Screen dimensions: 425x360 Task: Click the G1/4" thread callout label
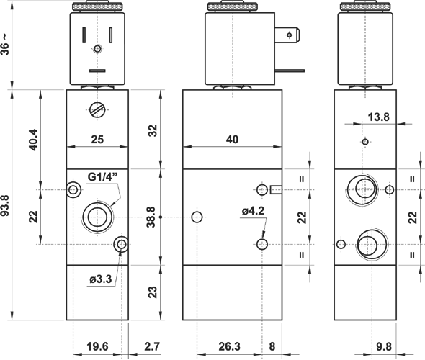point(103,177)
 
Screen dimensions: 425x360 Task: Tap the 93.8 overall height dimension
point(5,205)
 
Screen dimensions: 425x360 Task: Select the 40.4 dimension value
point(34,140)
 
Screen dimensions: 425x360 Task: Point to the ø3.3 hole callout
point(101,279)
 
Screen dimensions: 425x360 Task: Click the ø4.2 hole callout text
point(253,211)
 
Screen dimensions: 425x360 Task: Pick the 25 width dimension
point(97,139)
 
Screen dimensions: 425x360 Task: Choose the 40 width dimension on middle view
point(232,139)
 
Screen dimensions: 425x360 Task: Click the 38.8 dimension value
point(151,217)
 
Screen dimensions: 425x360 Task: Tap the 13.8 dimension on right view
point(378,117)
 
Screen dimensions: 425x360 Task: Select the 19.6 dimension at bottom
point(97,346)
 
